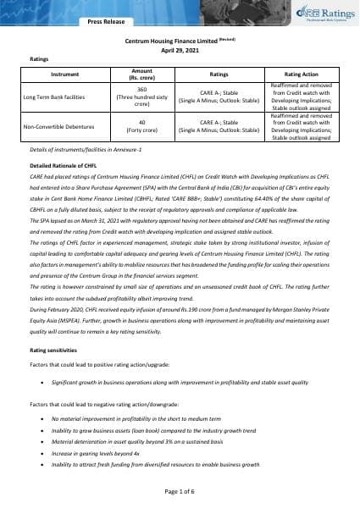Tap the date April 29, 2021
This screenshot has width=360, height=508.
click(x=180, y=50)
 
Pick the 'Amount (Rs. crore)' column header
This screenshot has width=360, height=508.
click(x=142, y=74)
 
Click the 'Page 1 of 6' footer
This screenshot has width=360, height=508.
click(x=180, y=491)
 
